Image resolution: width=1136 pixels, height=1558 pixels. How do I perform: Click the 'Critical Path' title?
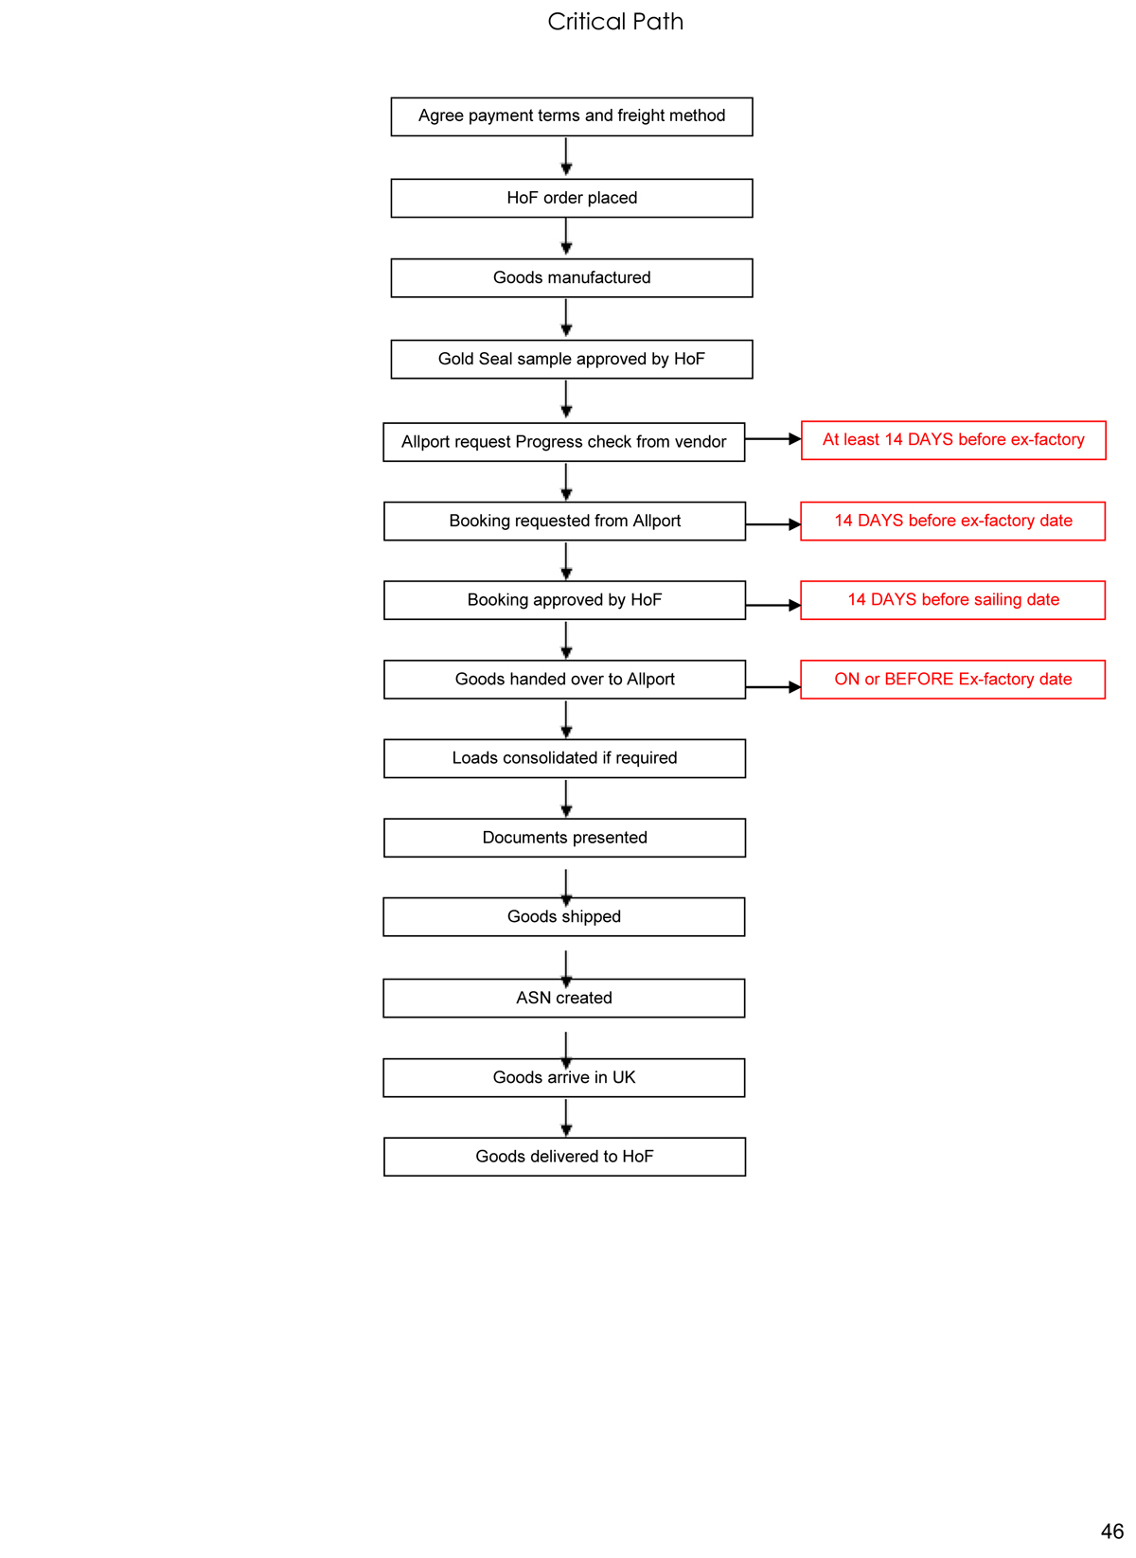(x=615, y=22)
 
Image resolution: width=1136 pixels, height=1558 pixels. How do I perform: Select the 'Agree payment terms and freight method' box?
(x=572, y=116)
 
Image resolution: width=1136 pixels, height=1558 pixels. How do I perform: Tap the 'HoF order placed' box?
(x=572, y=198)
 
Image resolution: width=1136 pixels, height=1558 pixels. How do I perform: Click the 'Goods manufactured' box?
(x=572, y=277)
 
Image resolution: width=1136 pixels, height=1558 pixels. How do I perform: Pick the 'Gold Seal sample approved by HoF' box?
(x=572, y=359)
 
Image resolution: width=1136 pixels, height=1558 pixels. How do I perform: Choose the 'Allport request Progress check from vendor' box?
(x=564, y=442)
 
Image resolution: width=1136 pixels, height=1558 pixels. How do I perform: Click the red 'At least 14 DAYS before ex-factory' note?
(x=953, y=440)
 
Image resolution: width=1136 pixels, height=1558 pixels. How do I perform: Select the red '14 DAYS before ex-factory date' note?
(x=952, y=521)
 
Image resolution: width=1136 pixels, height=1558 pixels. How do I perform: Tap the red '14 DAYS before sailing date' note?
(x=952, y=600)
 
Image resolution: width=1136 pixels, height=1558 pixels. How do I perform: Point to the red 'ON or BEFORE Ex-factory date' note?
(x=952, y=680)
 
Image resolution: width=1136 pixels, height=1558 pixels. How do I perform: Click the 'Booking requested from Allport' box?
(x=564, y=521)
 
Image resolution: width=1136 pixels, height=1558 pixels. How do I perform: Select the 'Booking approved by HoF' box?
(x=564, y=600)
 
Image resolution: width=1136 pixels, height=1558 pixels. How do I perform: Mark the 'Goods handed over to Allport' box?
(x=564, y=680)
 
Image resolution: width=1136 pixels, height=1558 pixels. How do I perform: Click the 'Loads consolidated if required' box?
(x=564, y=758)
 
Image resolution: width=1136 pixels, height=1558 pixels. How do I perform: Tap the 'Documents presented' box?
(x=564, y=838)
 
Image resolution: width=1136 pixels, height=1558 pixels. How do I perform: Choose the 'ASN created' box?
(x=564, y=998)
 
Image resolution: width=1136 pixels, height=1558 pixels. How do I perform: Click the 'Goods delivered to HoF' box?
(x=564, y=1157)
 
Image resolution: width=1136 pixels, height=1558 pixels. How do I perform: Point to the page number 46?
(x=1111, y=1531)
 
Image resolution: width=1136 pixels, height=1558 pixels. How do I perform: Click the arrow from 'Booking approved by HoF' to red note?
(x=773, y=605)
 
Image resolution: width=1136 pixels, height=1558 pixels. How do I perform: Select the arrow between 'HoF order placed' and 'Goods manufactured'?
(x=566, y=238)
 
